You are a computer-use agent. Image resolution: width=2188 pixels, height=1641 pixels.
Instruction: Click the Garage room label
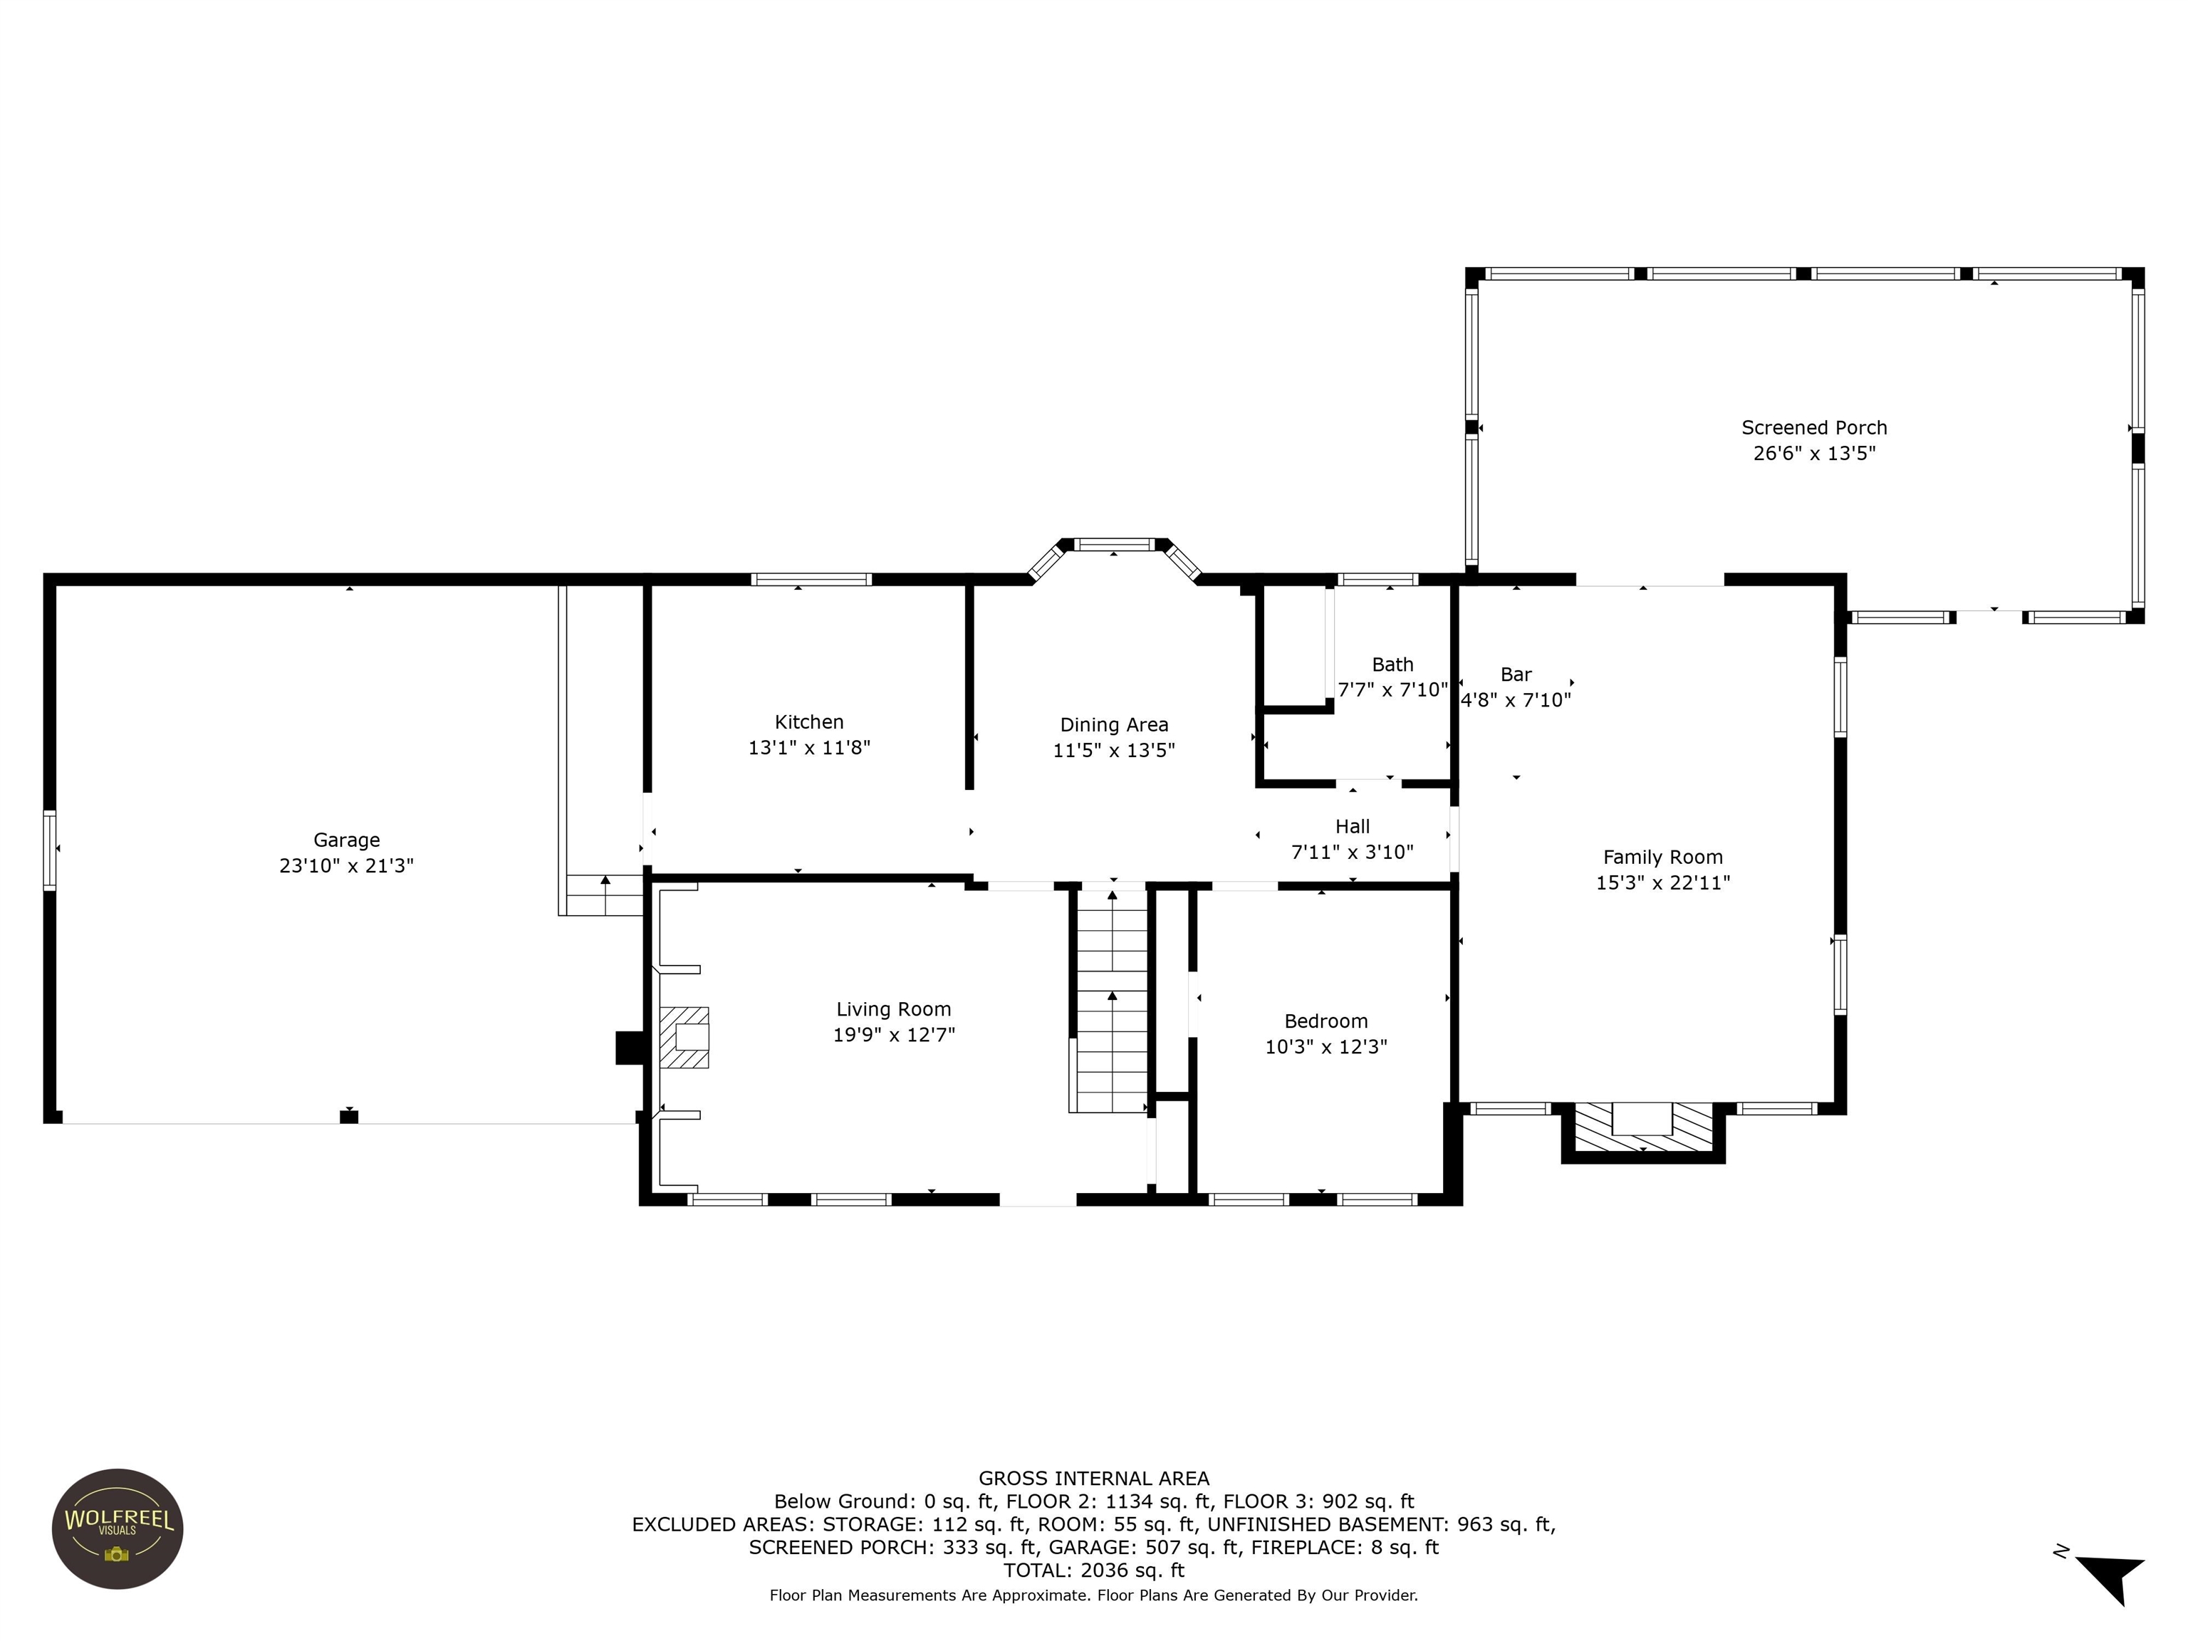click(346, 840)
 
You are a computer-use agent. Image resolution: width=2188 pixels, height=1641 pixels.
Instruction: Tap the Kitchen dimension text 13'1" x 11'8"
click(808, 748)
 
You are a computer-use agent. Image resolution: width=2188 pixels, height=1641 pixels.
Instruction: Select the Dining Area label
click(1114, 725)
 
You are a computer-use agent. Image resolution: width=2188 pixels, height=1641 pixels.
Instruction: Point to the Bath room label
click(1392, 665)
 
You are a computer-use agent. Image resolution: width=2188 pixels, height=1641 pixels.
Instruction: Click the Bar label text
click(1516, 674)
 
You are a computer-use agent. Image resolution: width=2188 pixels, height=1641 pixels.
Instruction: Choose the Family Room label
click(1662, 858)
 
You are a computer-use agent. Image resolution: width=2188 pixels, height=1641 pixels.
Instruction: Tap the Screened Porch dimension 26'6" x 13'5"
click(1813, 454)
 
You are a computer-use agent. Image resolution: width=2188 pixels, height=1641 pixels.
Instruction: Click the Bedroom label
click(1325, 1021)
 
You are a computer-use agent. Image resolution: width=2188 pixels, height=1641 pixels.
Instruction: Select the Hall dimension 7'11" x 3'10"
click(1351, 853)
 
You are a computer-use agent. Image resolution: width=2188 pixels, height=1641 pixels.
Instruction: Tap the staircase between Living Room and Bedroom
click(1112, 999)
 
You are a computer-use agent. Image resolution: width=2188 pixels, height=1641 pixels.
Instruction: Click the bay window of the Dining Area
click(1114, 545)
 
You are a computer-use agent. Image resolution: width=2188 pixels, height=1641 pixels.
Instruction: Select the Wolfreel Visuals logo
click(118, 1528)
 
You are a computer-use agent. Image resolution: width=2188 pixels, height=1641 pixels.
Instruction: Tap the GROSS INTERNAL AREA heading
click(1093, 1478)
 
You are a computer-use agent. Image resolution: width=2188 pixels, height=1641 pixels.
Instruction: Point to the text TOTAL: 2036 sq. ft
click(1093, 1570)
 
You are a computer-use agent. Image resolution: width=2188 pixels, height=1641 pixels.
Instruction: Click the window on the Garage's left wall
click(49, 850)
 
